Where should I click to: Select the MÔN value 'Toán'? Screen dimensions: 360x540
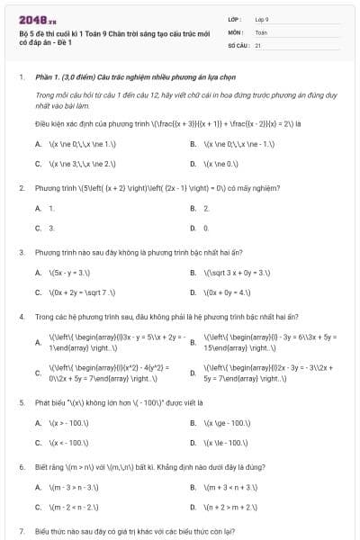point(261,31)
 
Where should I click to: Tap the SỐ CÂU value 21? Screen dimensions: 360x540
point(258,44)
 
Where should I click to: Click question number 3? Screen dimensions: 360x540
point(21,252)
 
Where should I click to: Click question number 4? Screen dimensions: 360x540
point(21,317)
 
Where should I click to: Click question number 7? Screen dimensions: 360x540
point(21,531)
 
